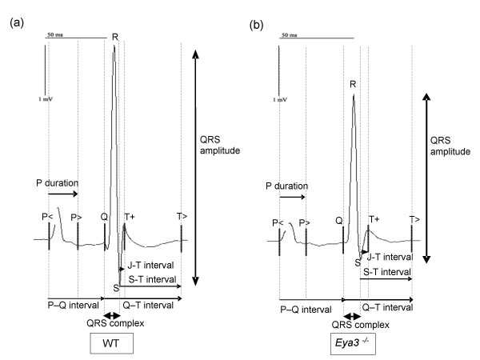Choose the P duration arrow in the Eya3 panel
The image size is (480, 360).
pyautogui.click(x=292, y=196)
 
